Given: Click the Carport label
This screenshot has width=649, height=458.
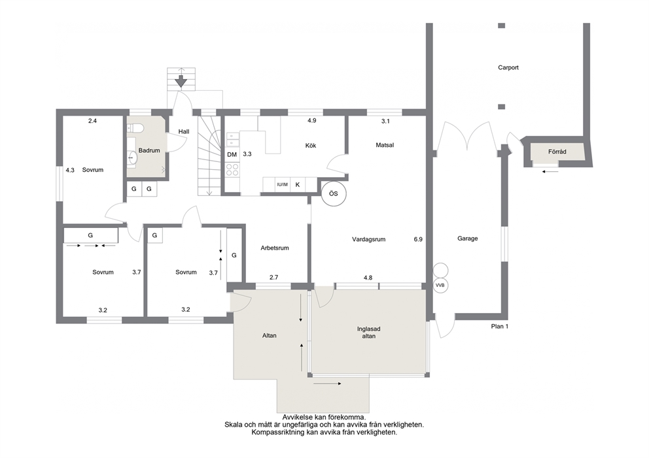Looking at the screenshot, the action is point(508,67).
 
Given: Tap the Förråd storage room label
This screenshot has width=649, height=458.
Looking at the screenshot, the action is point(557,152).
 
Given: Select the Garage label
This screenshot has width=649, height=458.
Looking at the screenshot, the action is point(468,238).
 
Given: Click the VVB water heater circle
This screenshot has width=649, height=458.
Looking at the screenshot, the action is point(440,286).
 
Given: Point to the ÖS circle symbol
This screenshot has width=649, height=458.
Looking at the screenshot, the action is point(334,194).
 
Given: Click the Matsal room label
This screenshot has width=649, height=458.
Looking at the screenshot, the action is point(385,145).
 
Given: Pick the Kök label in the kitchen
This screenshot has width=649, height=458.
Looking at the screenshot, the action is point(310,146).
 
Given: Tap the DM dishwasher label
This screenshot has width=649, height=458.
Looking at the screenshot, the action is point(232,155).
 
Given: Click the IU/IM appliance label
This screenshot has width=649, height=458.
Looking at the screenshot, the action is point(282,184).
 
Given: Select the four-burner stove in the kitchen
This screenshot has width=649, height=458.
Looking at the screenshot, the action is point(232,169).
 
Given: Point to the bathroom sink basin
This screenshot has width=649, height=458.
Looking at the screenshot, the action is point(132,157).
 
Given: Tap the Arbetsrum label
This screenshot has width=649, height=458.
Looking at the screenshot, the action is point(275,248).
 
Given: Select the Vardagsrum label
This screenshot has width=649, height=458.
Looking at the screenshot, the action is point(369,239).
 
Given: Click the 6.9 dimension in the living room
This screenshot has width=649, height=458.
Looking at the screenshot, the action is point(418,239).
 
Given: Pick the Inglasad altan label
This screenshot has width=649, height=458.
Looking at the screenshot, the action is point(369,333).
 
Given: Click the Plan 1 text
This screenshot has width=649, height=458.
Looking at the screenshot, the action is point(500,327).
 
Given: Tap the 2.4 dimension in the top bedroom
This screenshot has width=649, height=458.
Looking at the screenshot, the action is point(92,121).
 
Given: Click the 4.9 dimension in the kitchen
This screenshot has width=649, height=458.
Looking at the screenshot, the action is point(311,121).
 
